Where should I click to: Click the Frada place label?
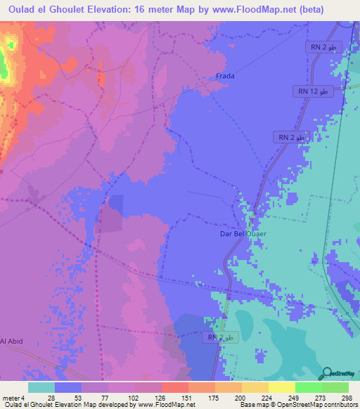point(225,76)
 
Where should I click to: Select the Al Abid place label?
point(12,341)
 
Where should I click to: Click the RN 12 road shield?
point(312,92)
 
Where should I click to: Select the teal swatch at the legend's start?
point(41,387)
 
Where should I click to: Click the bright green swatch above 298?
point(335,387)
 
